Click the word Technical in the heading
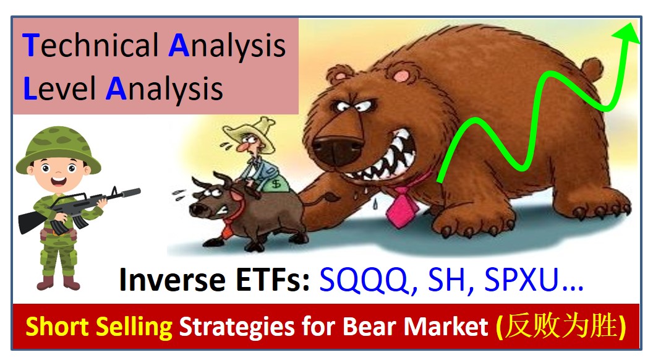pyautogui.click(x=91, y=45)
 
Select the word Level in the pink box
pyautogui.click(x=60, y=88)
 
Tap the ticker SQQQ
pyautogui.click(x=363, y=280)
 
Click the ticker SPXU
pyautogui.click(x=521, y=279)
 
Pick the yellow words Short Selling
pyautogui.click(x=99, y=327)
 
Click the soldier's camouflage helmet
pyautogui.click(x=58, y=148)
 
